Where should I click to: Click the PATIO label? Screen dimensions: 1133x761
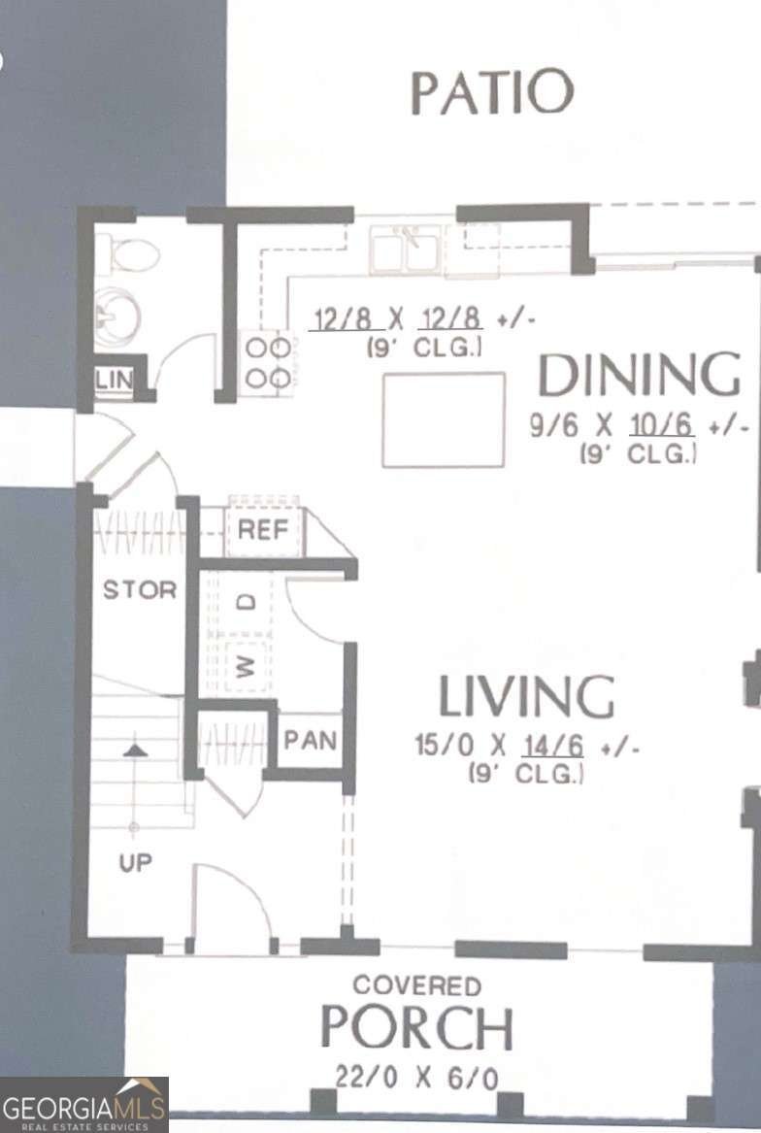(492, 92)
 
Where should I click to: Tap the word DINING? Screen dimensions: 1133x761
(639, 377)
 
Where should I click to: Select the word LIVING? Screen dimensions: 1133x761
(526, 696)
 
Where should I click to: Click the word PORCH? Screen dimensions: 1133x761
(416, 1029)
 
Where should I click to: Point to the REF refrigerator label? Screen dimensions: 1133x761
(264, 531)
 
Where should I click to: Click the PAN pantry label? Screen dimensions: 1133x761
(310, 741)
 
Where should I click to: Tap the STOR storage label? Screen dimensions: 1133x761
(140, 589)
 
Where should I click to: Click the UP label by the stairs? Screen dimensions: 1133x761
(136, 862)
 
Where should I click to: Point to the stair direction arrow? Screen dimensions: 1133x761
(135, 750)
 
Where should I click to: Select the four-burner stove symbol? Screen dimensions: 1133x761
(267, 362)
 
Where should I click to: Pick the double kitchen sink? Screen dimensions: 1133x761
(407, 247)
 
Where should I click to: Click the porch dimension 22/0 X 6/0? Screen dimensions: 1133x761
(419, 1077)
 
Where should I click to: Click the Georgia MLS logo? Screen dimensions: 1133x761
(84, 1105)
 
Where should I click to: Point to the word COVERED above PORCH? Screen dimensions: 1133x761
(416, 985)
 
